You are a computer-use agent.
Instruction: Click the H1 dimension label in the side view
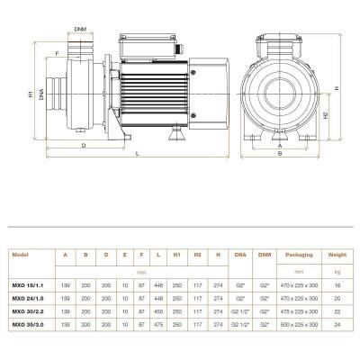pyautogui.click(x=31, y=94)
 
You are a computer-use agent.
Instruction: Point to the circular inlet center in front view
pyautogui.click(x=280, y=93)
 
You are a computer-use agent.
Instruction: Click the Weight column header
pyautogui.click(x=337, y=255)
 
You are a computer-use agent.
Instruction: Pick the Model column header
pyautogui.click(x=22, y=255)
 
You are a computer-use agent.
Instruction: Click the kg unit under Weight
pyautogui.click(x=337, y=269)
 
